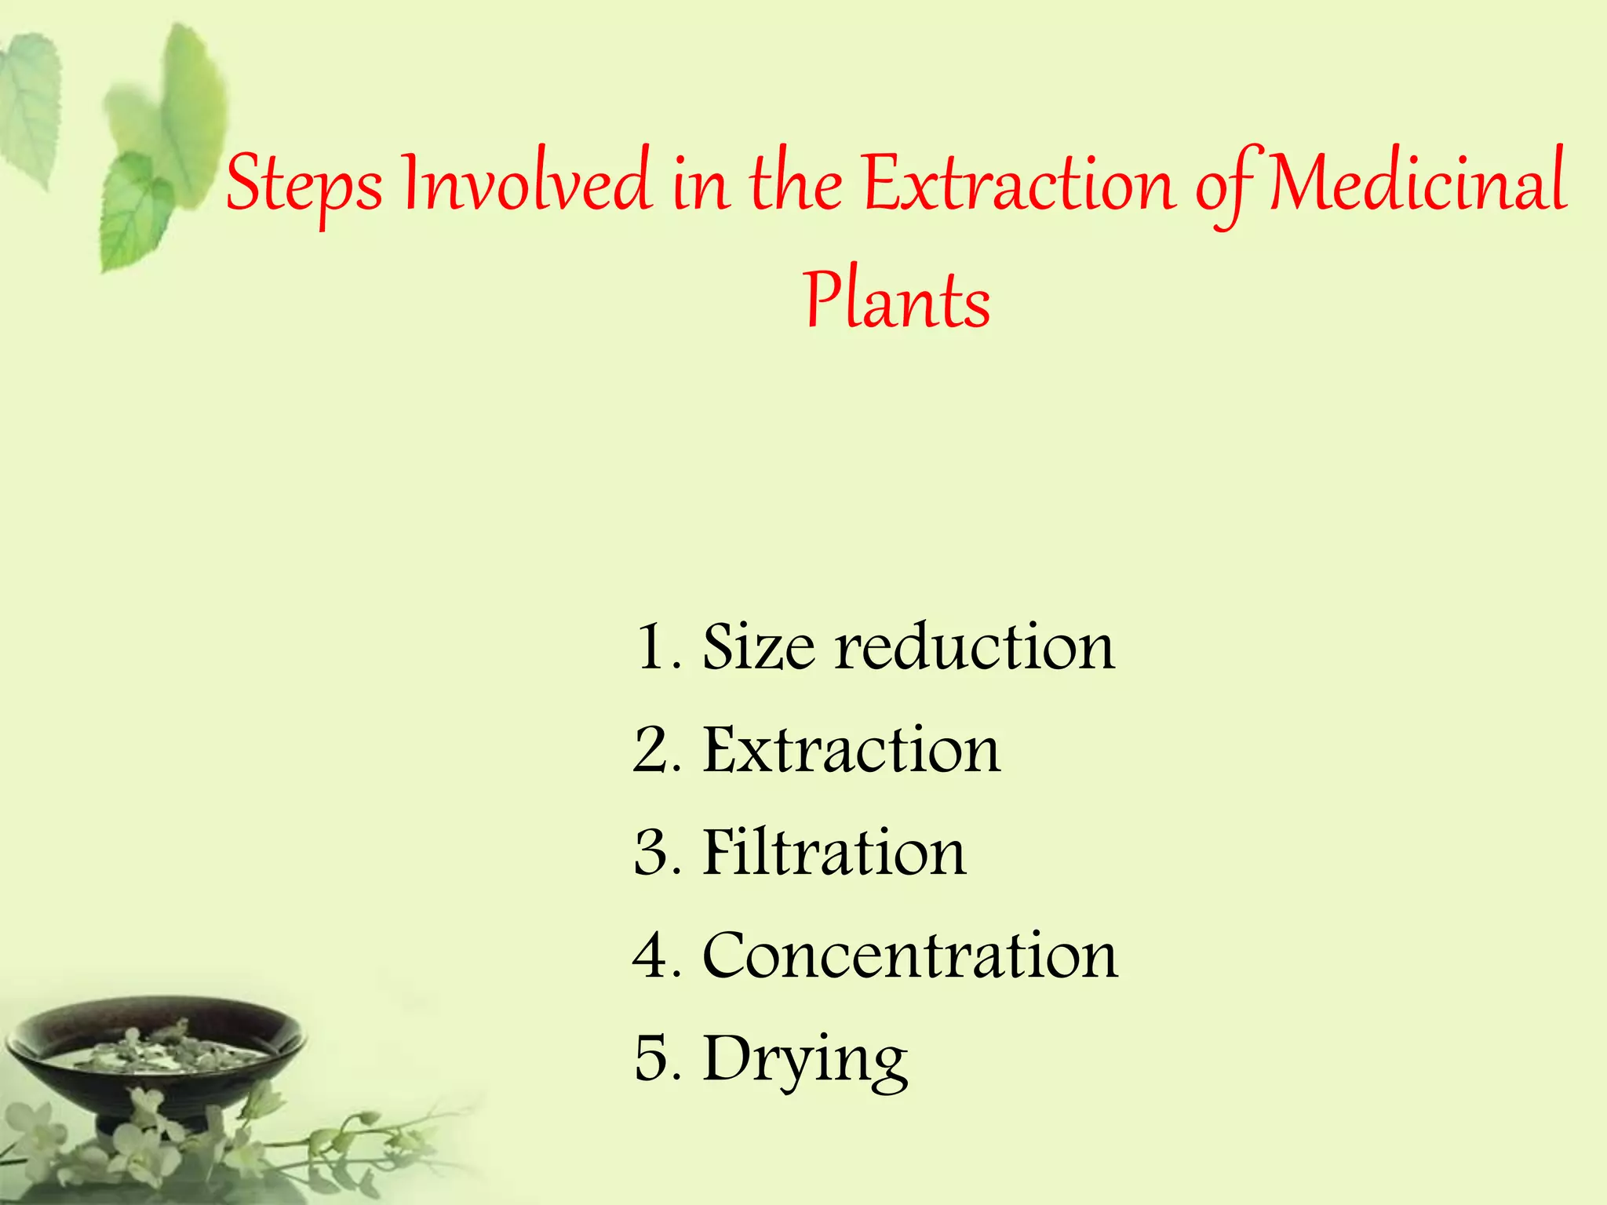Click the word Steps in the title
304,185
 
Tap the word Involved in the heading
526,184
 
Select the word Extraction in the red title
1020,185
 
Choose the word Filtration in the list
834,853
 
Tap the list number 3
653,853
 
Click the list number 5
653,1059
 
